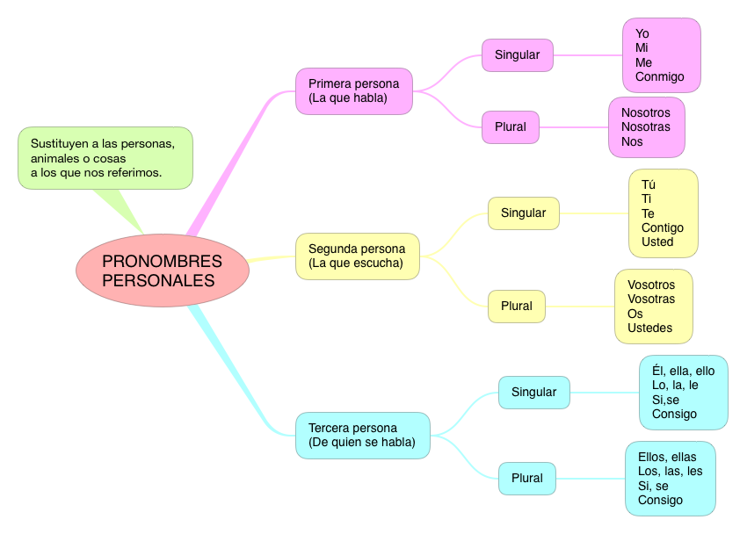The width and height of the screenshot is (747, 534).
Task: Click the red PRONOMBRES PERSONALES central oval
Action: [x=163, y=271]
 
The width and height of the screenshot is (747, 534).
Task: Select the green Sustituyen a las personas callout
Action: [x=105, y=158]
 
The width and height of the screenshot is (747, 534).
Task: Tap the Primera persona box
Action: [x=354, y=90]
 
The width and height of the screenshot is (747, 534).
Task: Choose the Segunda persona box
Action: [x=357, y=256]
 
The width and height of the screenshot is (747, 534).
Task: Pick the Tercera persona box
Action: [x=363, y=435]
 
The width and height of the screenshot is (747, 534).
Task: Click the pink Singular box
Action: [x=517, y=54]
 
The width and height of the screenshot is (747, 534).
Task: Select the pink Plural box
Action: [x=510, y=126]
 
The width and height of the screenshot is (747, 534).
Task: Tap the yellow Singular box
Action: [x=523, y=213]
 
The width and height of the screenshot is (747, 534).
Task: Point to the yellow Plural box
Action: [x=516, y=306]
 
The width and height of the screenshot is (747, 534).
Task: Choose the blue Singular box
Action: [x=533, y=392]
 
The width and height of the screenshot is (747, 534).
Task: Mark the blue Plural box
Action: [x=526, y=478]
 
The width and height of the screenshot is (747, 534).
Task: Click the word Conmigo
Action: [x=659, y=76]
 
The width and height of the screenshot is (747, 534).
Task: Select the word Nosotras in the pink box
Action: [x=645, y=126]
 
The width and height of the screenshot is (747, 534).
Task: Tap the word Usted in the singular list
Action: [x=657, y=242]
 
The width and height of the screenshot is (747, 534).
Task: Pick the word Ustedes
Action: [x=649, y=328]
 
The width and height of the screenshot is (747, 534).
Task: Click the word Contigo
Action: [x=662, y=227]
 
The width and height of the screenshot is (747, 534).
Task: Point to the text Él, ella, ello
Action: [x=683, y=371]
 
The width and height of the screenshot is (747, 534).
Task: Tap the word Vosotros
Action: [x=651, y=285]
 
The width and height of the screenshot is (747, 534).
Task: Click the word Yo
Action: [x=642, y=33]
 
